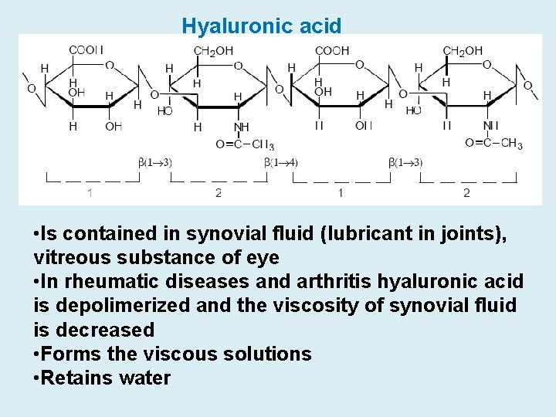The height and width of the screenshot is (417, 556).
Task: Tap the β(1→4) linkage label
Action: pyautogui.click(x=280, y=162)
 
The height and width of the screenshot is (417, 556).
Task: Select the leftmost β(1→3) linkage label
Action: pyautogui.click(x=155, y=162)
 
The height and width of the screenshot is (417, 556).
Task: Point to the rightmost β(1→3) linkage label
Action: pyautogui.click(x=406, y=162)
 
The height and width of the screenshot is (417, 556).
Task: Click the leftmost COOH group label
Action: pyautogui.click(x=86, y=51)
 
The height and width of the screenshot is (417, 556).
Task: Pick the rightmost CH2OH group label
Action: pyautogui.click(x=463, y=51)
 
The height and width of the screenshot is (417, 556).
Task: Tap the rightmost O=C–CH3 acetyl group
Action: pyautogui.click(x=493, y=143)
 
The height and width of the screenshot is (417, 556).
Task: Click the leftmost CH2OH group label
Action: pyautogui.click(x=213, y=51)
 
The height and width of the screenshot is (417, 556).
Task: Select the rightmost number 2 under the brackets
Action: pyautogui.click(x=466, y=192)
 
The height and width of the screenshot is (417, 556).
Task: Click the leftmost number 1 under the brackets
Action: pyautogui.click(x=91, y=192)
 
